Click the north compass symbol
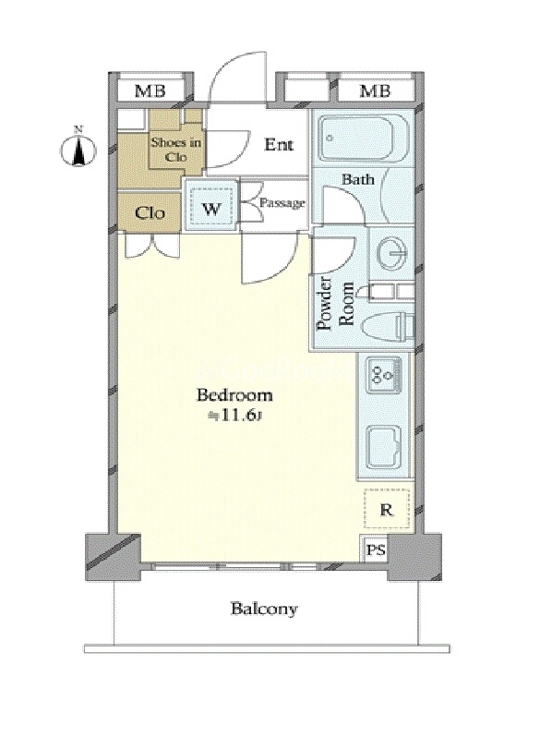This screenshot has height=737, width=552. (x=78, y=149)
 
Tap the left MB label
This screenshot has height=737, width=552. (x=150, y=91)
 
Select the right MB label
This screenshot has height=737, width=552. (x=375, y=91)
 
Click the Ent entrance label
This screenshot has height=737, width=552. (x=279, y=144)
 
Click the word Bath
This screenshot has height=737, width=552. (x=358, y=179)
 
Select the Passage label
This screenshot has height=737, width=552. (x=282, y=203)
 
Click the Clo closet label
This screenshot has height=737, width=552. (x=150, y=213)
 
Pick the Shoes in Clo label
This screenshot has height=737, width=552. (x=175, y=150)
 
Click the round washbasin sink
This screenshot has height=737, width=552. (x=392, y=254)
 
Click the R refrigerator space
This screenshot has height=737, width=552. (x=386, y=510)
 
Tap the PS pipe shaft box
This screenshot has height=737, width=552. (x=376, y=549)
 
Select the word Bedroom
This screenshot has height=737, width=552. (x=234, y=395)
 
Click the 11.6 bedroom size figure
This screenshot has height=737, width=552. (x=238, y=417)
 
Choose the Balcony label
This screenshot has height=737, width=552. (x=264, y=610)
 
